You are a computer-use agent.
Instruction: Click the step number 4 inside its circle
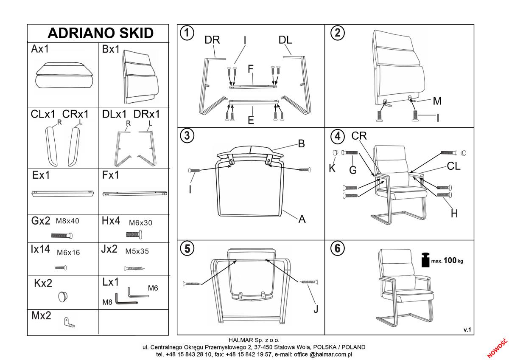338,136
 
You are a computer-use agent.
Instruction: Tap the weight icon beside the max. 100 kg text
425,260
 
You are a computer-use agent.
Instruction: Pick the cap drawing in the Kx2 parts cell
63,297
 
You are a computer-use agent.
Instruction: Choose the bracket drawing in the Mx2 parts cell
69,323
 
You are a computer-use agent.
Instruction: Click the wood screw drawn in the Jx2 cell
134,268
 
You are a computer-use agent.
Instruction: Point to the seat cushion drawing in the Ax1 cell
64,75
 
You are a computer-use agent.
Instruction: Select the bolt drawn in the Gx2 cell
62,235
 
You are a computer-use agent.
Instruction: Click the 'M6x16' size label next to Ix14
68,253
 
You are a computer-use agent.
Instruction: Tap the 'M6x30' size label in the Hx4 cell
140,223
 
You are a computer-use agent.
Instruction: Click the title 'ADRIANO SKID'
101,33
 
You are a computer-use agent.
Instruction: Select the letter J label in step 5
316,309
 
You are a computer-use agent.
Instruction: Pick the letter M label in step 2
437,101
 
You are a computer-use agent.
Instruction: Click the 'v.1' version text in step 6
467,330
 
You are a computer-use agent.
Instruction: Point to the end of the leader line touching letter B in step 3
298,144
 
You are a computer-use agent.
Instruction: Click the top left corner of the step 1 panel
177,25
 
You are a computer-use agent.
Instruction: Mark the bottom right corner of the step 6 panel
474,335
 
